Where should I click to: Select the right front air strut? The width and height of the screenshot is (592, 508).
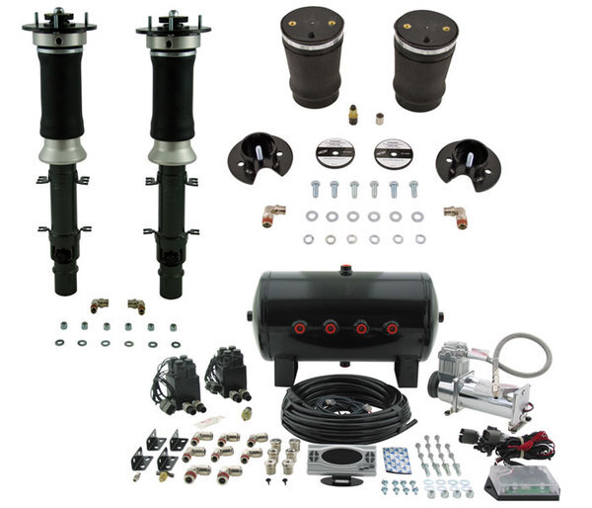[x=174, y=148]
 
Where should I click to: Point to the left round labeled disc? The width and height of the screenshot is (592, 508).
[x=334, y=153]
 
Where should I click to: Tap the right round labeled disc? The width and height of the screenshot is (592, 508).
[x=394, y=153]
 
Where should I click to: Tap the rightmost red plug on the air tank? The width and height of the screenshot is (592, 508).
[x=392, y=327]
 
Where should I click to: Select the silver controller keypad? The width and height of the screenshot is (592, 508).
[x=341, y=459]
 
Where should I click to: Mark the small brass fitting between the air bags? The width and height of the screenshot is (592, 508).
[x=353, y=114]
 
